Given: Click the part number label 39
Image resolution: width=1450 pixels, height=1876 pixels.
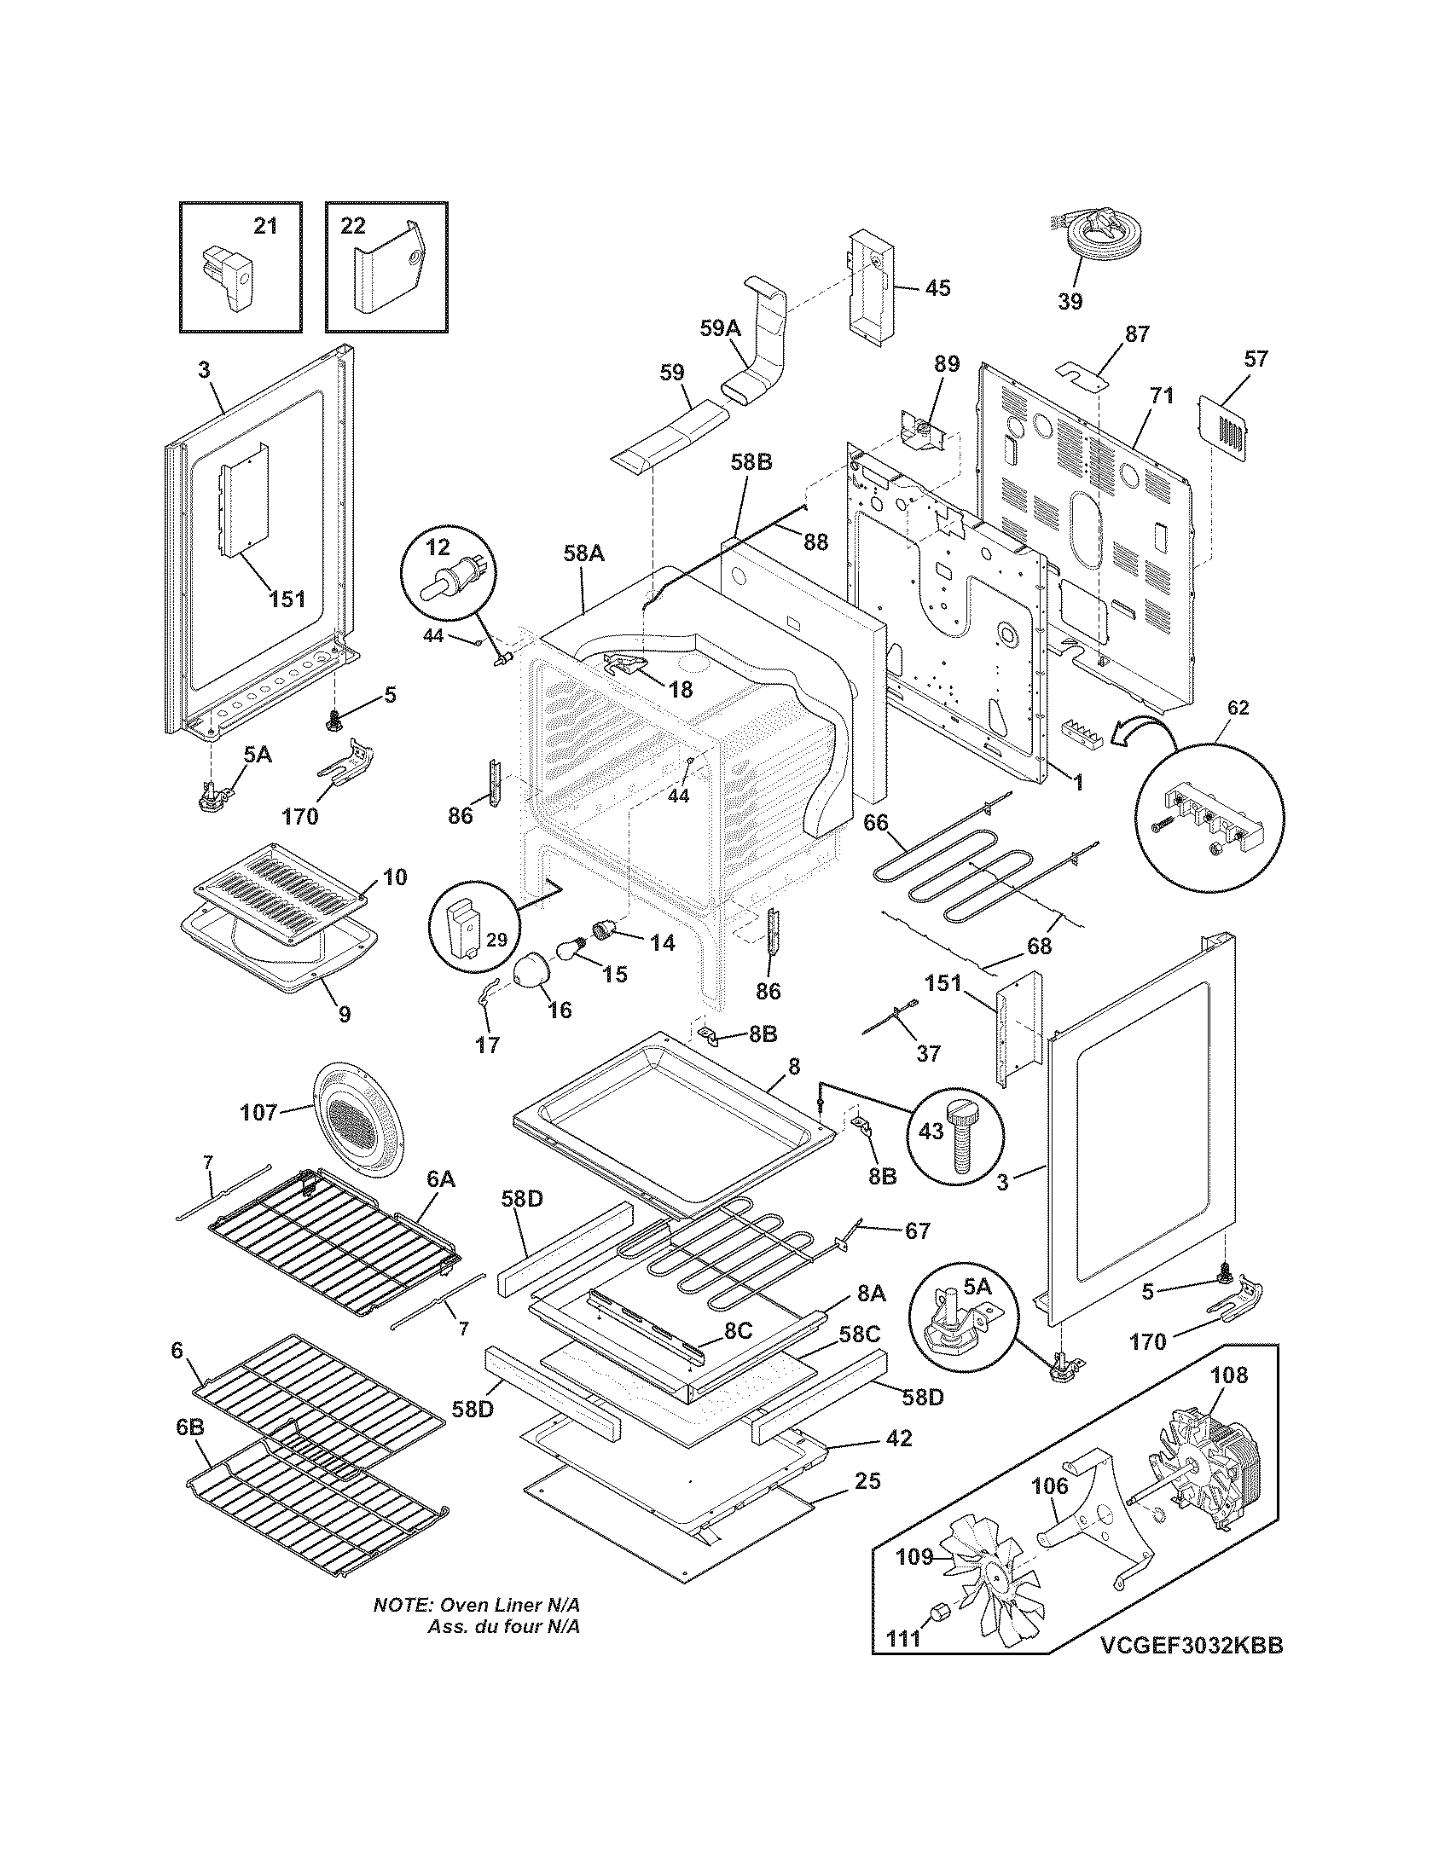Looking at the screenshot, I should (x=1070, y=302).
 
